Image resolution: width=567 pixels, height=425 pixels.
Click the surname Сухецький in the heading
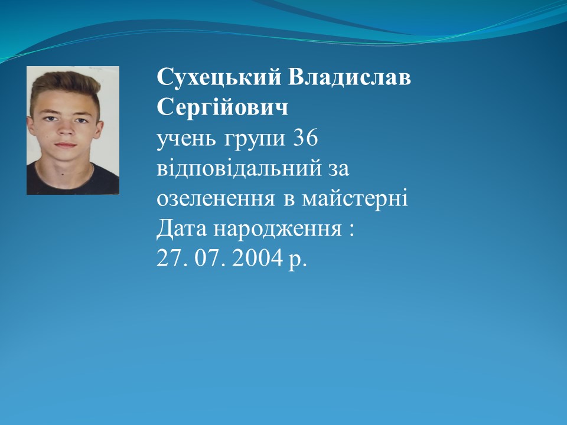pos(219,77)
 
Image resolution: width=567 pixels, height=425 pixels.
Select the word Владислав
pos(349,77)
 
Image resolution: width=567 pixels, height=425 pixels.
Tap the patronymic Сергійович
pos(223,107)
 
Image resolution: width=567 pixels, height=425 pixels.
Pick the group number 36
pos(305,138)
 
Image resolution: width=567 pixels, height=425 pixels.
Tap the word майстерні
pos(355,198)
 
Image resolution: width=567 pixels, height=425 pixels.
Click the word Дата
pos(181,228)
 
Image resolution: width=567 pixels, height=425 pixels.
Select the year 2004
pos(257,258)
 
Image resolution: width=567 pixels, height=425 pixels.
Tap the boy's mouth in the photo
pos(66,145)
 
